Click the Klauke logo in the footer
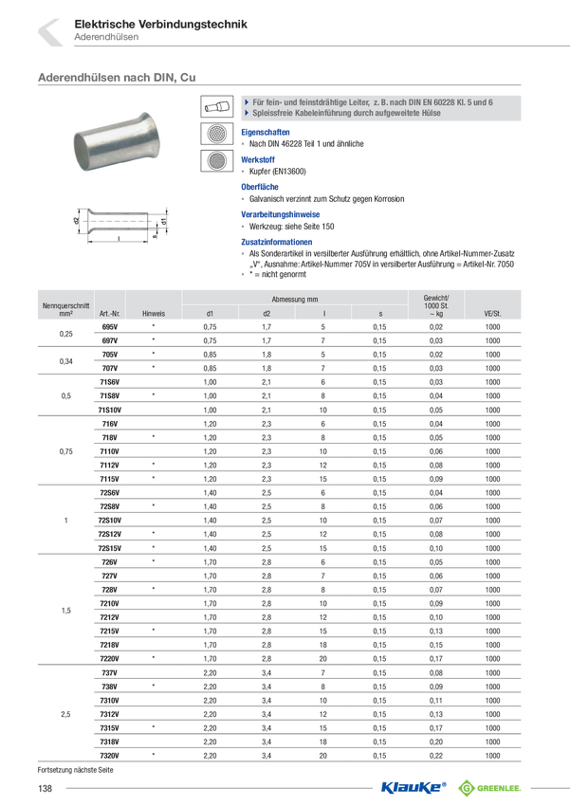coord(414,787)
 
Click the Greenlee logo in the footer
coord(489,787)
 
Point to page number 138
coord(45,788)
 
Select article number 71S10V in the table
coord(109,410)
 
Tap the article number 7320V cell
coord(109,756)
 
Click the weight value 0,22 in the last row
coord(436,756)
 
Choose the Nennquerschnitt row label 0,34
coord(65,361)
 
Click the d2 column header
coord(267,314)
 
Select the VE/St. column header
coord(492,314)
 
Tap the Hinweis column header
coord(154,314)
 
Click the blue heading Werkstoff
coord(258,160)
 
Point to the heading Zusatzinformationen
coord(277,242)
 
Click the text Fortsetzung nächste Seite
coord(75,770)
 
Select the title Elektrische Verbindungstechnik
coord(161,24)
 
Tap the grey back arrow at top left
coord(50,32)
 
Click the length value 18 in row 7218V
coord(322,645)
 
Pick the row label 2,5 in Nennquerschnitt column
coord(65,714)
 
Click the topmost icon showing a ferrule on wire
coord(216,106)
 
